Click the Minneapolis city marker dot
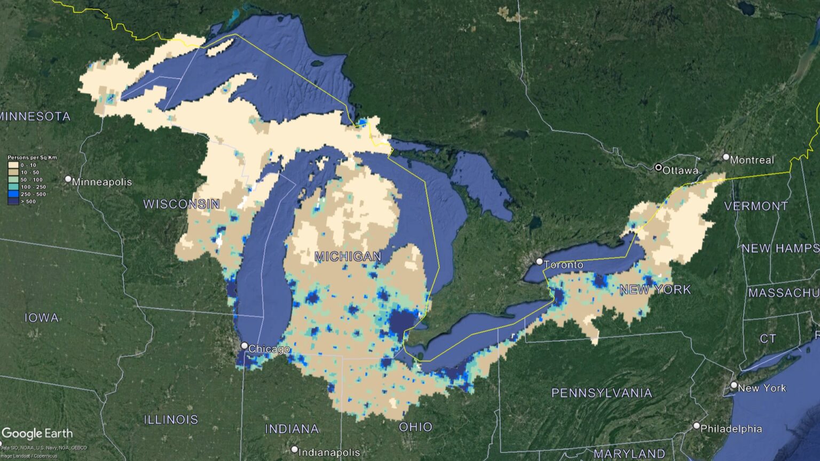(68, 179)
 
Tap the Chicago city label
(269, 349)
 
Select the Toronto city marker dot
(540, 262)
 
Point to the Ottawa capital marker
(658, 168)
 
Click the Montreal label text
(752, 160)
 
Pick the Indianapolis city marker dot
(295, 450)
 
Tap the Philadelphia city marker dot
(696, 426)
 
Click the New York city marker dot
(734, 385)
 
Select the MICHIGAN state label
(348, 257)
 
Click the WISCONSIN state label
(182, 204)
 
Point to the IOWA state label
(42, 318)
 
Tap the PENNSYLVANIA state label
(602, 393)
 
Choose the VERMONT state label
(756, 206)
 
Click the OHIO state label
(415, 427)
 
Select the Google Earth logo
(37, 433)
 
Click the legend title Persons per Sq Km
(32, 157)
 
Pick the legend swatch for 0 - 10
(13, 165)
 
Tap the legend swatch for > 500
(13, 202)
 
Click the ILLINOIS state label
(171, 419)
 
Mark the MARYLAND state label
(629, 454)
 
